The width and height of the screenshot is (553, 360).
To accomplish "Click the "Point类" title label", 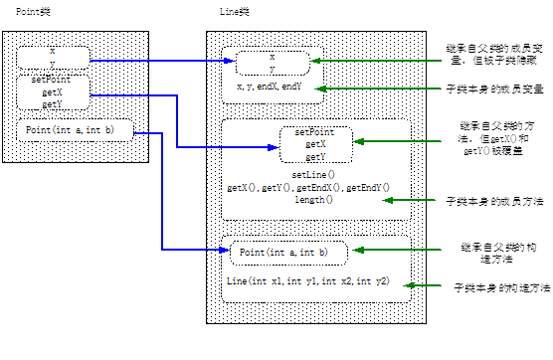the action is coord(33,12).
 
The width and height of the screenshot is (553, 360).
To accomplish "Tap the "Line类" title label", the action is coord(235,12).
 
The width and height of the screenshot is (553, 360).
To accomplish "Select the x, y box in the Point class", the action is coord(54,58).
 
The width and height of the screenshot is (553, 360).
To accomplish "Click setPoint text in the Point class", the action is coord(51,80).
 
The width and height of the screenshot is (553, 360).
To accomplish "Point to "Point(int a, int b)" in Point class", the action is coord(70,130).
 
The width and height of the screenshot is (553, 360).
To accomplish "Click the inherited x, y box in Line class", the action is coord(273,63).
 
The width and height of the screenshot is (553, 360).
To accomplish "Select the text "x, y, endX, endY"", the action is coord(270,87).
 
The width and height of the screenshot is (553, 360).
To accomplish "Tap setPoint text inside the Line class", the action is coord(314,132).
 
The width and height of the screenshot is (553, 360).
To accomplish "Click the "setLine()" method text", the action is coord(313,175).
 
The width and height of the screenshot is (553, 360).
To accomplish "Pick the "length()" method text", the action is coord(313,200).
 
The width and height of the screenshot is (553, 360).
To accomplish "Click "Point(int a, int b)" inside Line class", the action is coord(283,253).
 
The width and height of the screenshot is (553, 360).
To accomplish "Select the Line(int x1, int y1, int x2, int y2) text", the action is coord(308,281).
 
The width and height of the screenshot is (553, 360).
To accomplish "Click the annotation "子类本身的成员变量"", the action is coord(494,90).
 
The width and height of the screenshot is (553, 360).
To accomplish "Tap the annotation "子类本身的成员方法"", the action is coord(494,201).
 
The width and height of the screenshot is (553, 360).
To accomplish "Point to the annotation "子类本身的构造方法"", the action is coord(502,288).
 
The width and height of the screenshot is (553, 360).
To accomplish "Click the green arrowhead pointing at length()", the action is coord(388,200).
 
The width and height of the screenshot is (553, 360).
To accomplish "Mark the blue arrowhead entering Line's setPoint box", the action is coord(274,147).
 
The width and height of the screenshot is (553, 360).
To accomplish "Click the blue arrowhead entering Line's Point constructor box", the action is coord(225,250).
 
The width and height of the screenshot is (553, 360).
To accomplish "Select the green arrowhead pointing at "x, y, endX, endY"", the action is coord(320,89).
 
